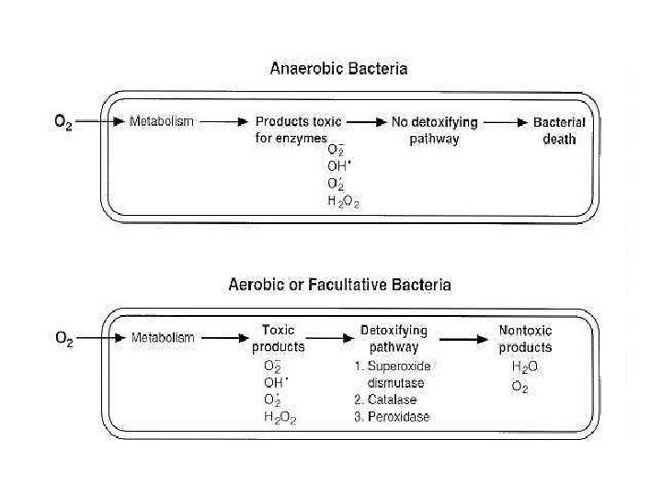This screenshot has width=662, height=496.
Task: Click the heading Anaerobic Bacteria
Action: (338, 68)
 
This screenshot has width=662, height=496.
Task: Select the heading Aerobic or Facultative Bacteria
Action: (339, 285)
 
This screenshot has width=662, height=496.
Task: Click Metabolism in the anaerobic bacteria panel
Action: (162, 121)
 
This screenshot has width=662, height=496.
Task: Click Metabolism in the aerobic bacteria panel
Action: (163, 338)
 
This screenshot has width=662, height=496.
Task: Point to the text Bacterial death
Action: (559, 130)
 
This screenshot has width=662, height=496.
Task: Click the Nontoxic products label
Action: (525, 338)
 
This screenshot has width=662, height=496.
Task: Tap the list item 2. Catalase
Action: (385, 400)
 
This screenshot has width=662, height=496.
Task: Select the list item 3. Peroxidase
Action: (391, 417)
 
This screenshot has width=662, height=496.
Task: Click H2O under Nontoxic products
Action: (525, 366)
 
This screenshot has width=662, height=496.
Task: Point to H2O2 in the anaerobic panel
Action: (343, 201)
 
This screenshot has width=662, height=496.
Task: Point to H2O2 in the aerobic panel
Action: (280, 418)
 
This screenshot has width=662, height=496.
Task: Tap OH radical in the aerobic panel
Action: (276, 382)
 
